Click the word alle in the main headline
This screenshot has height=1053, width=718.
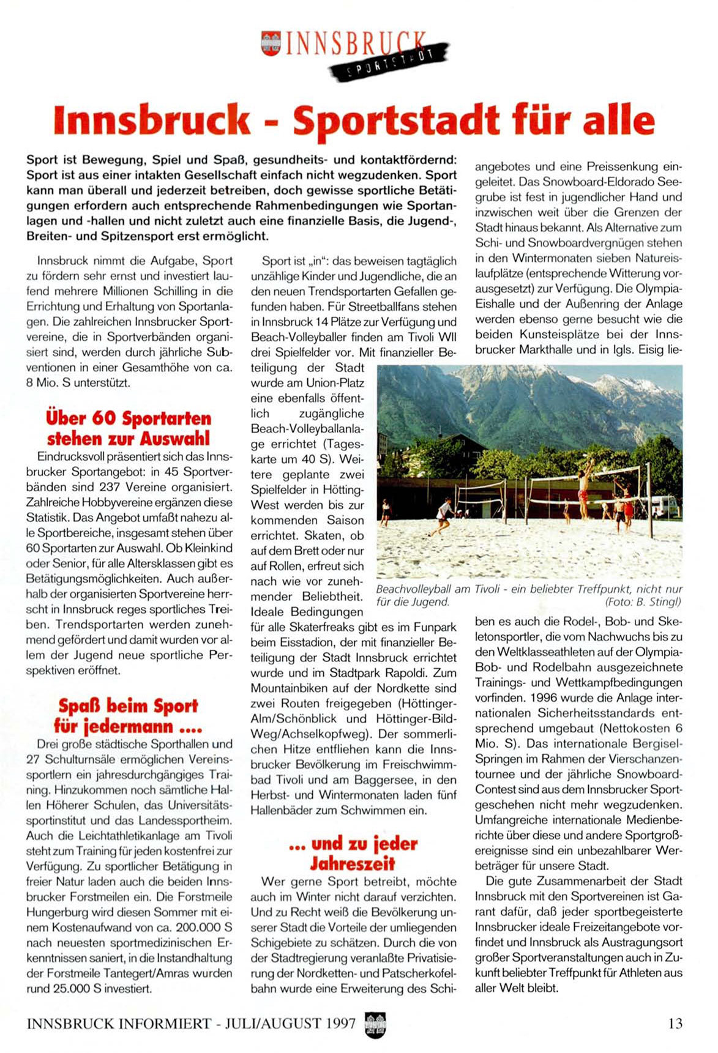click(618, 120)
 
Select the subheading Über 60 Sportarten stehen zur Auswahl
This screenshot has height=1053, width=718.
click(129, 428)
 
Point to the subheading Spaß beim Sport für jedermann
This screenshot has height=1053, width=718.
click(129, 716)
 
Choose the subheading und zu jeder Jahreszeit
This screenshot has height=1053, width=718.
click(353, 854)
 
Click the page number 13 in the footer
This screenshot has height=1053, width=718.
click(675, 1023)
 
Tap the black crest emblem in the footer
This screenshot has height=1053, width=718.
click(375, 1024)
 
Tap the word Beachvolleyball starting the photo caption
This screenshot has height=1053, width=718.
click(411, 589)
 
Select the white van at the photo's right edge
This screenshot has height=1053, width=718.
click(665, 507)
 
